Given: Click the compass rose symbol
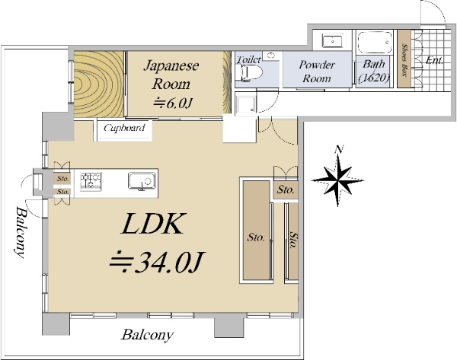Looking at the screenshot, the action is (337, 180).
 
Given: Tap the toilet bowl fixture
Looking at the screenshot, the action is (249, 72).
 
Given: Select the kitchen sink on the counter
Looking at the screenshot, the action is (142, 181).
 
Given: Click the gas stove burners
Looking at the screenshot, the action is (91, 182).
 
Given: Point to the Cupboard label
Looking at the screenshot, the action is (124, 128).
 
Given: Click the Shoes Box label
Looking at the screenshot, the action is (404, 60).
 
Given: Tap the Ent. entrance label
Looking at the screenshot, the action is (434, 60).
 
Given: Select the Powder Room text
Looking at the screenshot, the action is (317, 72).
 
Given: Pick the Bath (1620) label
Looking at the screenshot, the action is (374, 71).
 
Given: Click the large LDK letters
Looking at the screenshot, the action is (154, 224).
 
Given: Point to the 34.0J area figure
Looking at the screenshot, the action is (158, 262).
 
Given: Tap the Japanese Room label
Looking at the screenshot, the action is (171, 75).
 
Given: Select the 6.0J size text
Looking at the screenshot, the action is (174, 103).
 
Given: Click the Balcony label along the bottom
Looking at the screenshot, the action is (147, 335).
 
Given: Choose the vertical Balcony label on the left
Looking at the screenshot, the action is (21, 232).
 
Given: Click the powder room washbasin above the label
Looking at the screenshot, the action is (332, 41).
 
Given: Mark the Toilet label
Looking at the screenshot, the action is (248, 59).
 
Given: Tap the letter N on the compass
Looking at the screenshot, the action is (339, 149).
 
